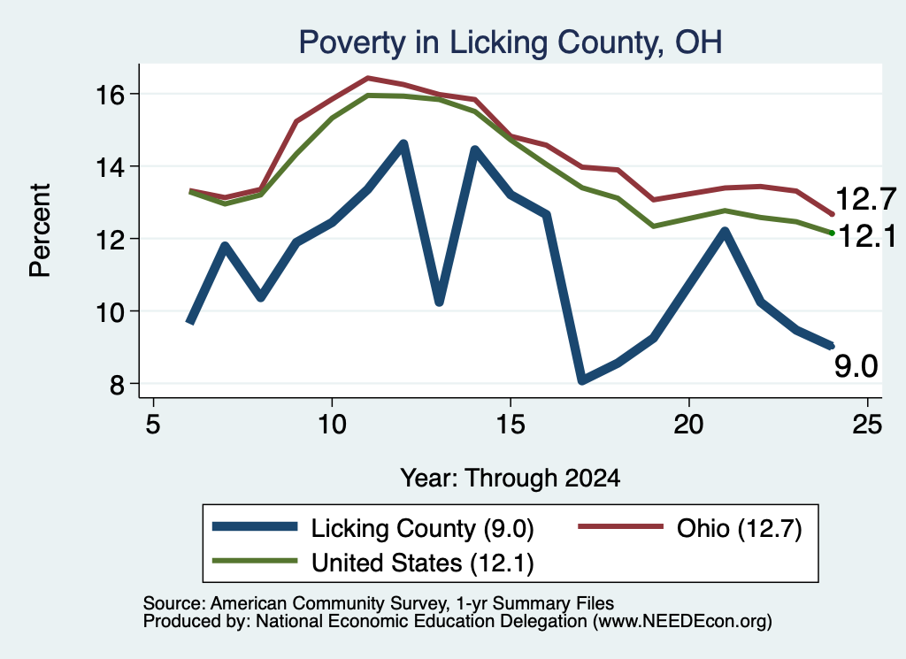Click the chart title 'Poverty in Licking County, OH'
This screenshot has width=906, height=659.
[x=511, y=42]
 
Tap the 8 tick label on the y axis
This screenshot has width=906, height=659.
[x=117, y=384]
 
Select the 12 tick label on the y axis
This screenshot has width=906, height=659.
[x=110, y=239]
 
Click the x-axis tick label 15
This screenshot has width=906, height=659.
[x=511, y=425]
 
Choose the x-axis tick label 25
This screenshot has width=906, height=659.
[x=867, y=425]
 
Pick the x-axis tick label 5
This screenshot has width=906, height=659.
[x=153, y=425]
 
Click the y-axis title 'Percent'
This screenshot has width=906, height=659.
[x=41, y=231]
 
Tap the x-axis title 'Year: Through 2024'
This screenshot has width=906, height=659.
[x=511, y=479]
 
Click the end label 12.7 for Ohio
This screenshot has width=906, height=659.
[x=865, y=199]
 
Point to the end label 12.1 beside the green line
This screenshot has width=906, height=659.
[x=867, y=236]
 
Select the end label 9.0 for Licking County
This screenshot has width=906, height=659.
[x=856, y=366]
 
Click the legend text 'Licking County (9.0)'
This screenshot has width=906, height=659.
[x=422, y=528]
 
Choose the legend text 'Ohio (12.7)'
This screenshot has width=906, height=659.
[x=739, y=528]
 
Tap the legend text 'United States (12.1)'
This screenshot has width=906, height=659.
[x=422, y=563]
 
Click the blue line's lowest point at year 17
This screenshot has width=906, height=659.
[x=582, y=379]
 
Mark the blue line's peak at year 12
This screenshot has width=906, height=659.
[x=403, y=144]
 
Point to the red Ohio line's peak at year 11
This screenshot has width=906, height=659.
[x=368, y=78]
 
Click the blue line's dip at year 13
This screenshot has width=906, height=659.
[x=439, y=301]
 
